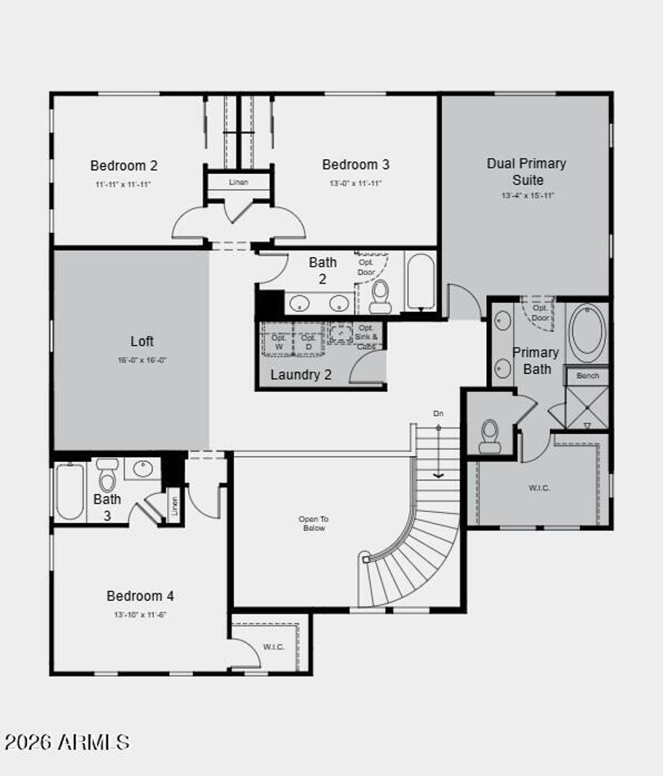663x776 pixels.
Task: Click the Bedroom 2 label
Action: pyautogui.click(x=124, y=166)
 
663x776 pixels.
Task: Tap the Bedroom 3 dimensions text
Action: pyautogui.click(x=355, y=184)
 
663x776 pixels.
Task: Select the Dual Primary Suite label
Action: pyautogui.click(x=526, y=172)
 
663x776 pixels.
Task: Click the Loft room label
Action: pyautogui.click(x=142, y=341)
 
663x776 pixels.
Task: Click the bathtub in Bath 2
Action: pyautogui.click(x=421, y=281)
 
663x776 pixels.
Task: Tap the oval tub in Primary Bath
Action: pyautogui.click(x=587, y=333)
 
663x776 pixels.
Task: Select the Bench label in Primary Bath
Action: pyautogui.click(x=587, y=375)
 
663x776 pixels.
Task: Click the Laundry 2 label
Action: pyautogui.click(x=301, y=375)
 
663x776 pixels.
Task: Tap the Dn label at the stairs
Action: pyautogui.click(x=438, y=413)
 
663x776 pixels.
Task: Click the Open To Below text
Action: pyautogui.click(x=313, y=524)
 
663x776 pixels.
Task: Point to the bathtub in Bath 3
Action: pyautogui.click(x=69, y=492)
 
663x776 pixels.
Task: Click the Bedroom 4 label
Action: pyautogui.click(x=140, y=596)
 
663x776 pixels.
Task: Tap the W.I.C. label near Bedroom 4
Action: pyautogui.click(x=274, y=647)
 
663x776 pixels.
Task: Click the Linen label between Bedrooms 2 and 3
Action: pyautogui.click(x=238, y=182)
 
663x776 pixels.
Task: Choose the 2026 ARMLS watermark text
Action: pyautogui.click(x=67, y=742)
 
